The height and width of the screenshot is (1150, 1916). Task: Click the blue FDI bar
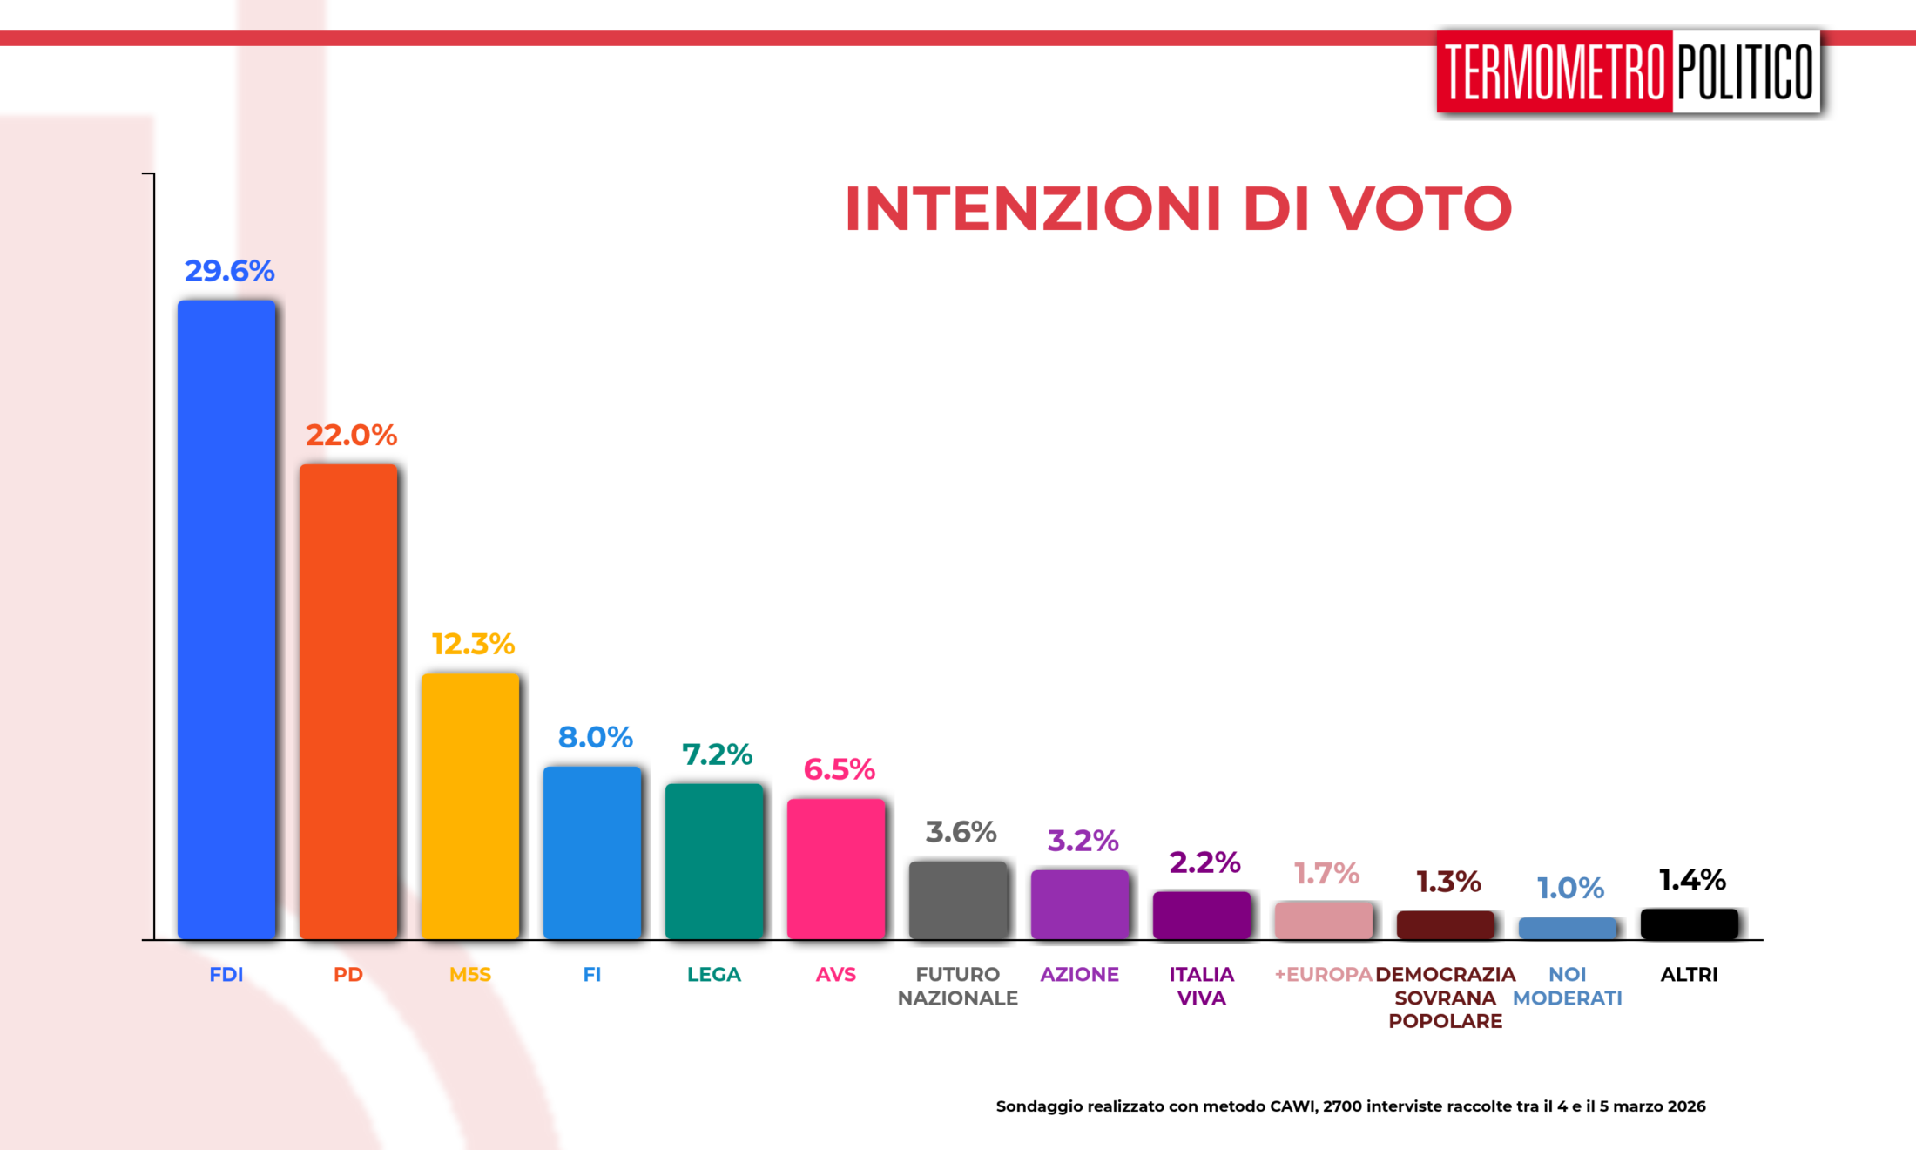coord(226,619)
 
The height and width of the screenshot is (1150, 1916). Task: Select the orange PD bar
coord(348,701)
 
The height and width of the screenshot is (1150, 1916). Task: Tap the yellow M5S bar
coord(470,806)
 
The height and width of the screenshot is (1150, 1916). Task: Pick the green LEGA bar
coord(714,861)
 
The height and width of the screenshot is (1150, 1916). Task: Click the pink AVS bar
coord(836,869)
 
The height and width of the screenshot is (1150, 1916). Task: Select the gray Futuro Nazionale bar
coord(958,900)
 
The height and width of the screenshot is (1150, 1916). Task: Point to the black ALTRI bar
coord(1690,923)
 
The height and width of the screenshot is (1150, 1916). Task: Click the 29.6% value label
coord(229,271)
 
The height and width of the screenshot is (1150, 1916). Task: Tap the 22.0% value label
coord(351,435)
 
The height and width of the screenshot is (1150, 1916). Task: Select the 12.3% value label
coord(473,644)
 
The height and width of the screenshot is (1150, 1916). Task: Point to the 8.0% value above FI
coord(595,737)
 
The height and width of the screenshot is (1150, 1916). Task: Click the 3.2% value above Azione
coord(1083,841)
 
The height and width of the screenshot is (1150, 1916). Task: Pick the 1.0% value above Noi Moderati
coord(1570,888)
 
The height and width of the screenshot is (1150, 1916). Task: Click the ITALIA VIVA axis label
coord(1202,986)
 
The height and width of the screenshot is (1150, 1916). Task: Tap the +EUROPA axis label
coord(1323,974)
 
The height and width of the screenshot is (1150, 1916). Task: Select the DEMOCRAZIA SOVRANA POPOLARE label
coord(1446,998)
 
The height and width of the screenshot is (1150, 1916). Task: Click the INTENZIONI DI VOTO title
coord(1177,209)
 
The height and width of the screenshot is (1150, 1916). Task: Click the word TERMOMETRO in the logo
coord(1555,72)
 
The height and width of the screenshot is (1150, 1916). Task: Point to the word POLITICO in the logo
coord(1745,72)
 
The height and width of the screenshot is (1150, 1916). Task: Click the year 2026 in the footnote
coord(1686,1106)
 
